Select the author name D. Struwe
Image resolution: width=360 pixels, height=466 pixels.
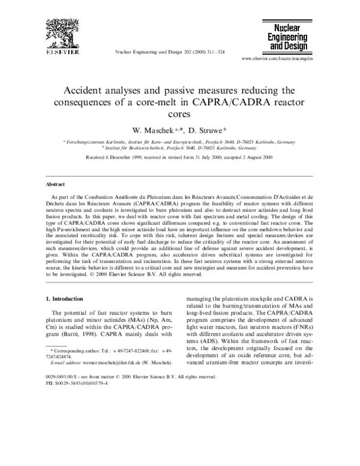[205, 129]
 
